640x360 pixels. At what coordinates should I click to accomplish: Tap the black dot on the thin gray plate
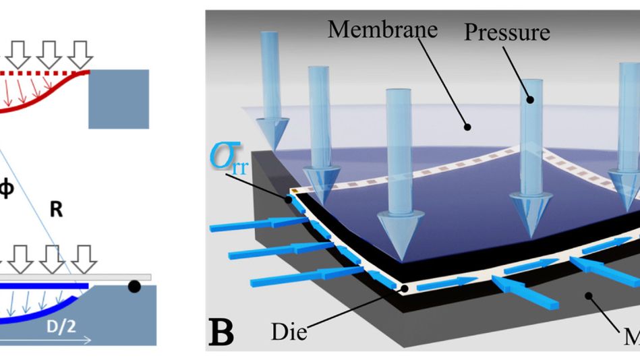(134, 287)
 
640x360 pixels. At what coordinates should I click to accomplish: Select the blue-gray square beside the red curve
(119, 98)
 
